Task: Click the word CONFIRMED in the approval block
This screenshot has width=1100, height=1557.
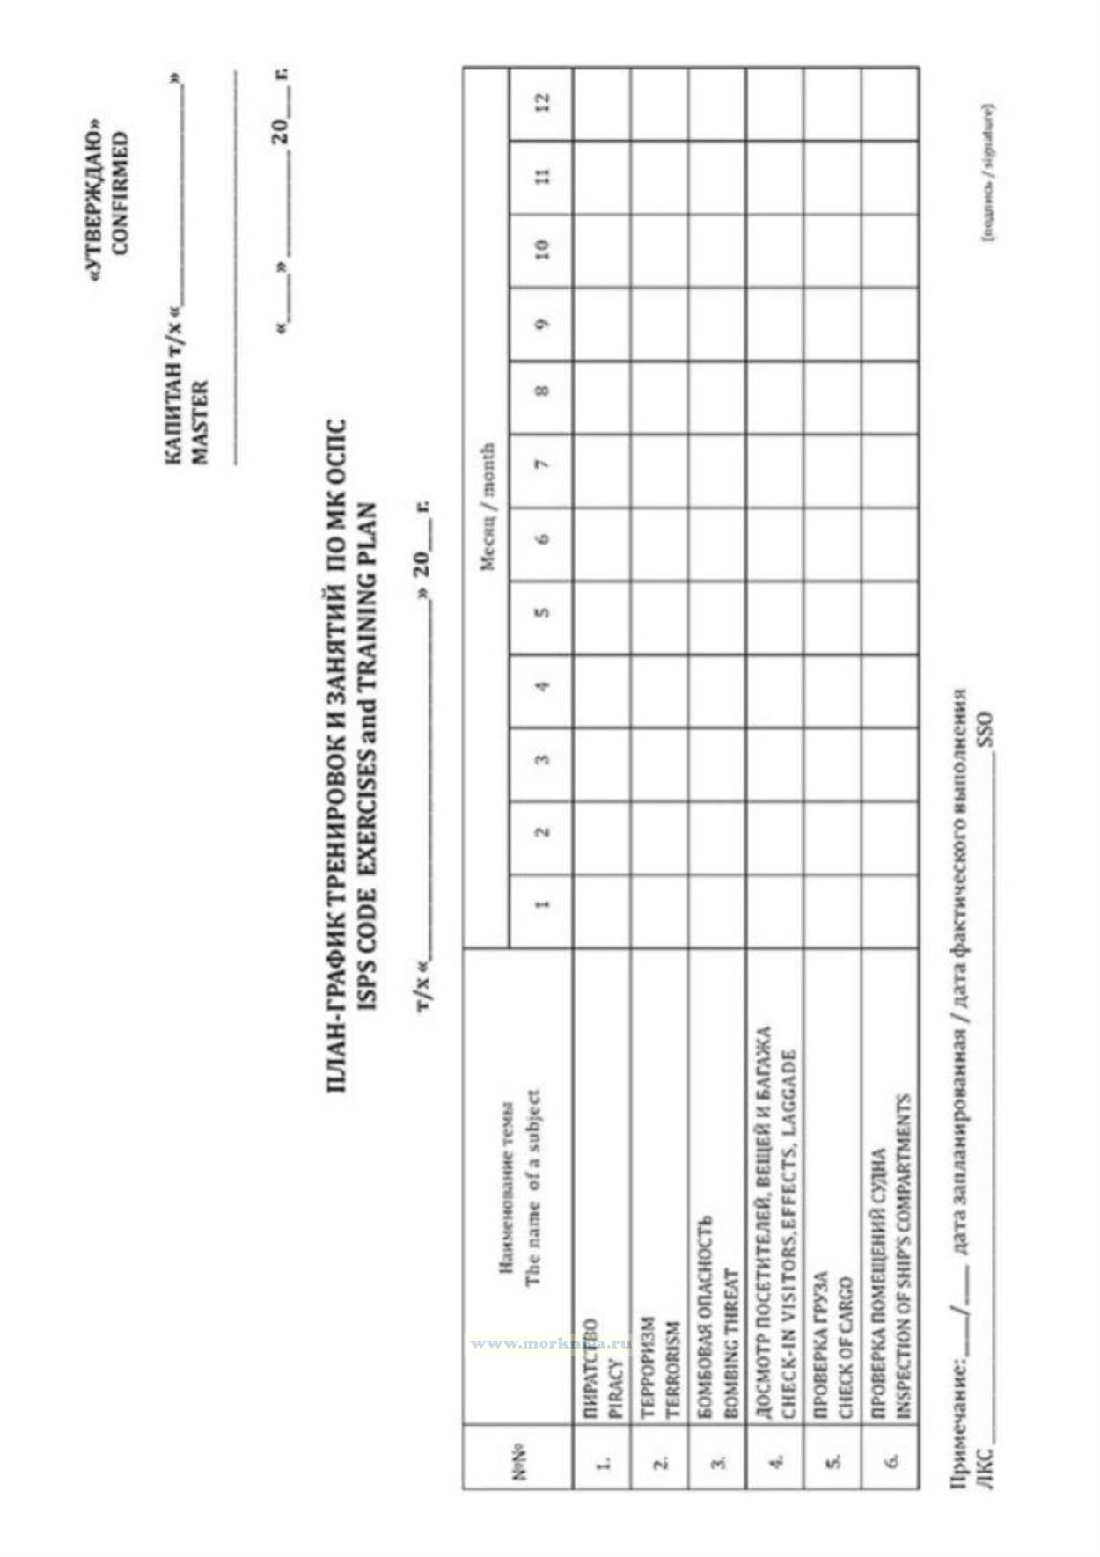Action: [x=121, y=192]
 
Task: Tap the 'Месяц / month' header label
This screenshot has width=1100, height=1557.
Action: [x=487, y=506]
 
